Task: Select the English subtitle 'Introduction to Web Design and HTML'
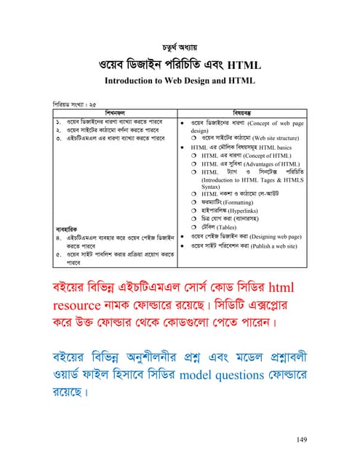[x=180, y=81]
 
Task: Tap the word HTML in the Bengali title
[x=244, y=66]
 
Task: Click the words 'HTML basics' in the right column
[x=276, y=147]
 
